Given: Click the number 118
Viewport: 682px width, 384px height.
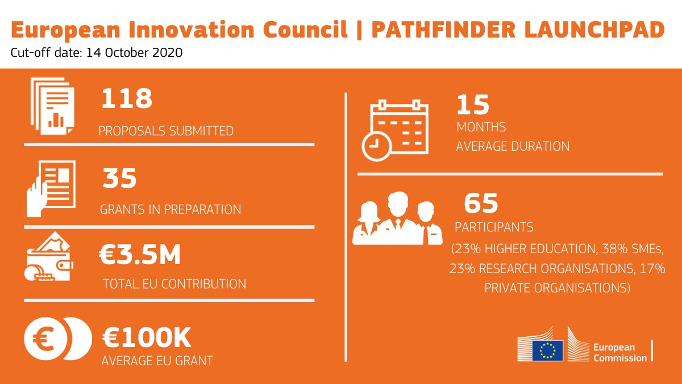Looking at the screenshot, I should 127,99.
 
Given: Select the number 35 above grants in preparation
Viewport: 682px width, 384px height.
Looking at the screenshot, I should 120,178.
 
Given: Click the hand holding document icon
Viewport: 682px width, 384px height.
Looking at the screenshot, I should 51,188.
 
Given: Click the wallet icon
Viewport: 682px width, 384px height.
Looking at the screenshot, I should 48,257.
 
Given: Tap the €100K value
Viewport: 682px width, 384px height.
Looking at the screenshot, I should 147,338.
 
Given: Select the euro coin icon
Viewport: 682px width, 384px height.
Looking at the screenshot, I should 57,339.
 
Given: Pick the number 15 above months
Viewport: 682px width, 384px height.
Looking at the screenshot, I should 473,105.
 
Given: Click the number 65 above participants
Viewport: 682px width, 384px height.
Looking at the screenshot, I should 481,203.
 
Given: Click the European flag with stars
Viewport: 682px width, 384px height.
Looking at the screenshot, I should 547,350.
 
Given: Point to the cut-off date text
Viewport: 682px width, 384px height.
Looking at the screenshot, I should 97,53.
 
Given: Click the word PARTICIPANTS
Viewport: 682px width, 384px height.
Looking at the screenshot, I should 494,228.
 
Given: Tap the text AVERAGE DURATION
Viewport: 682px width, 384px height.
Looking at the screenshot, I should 513,146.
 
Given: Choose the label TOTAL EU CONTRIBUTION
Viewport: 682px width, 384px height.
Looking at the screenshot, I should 174,284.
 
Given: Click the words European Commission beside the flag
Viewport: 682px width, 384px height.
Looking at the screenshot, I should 619,353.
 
